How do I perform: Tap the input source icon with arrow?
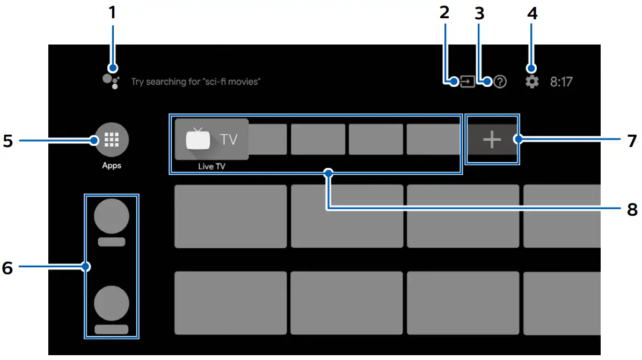pos(468,82)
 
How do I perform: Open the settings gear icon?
pos(531,82)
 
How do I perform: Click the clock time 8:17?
pos(561,82)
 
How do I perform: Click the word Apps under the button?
pos(112,165)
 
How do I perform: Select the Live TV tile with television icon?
pos(211,139)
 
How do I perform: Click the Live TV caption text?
pos(211,166)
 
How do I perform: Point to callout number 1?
pos(112,12)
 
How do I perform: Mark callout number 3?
pos(479,12)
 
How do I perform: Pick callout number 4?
pos(531,12)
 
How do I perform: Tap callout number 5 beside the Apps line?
pos(8,141)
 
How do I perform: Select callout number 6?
pos(8,267)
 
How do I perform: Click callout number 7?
pos(632,141)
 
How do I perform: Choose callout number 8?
pos(632,208)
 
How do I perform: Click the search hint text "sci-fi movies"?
pos(196,82)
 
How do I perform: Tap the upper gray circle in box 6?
pos(111,217)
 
